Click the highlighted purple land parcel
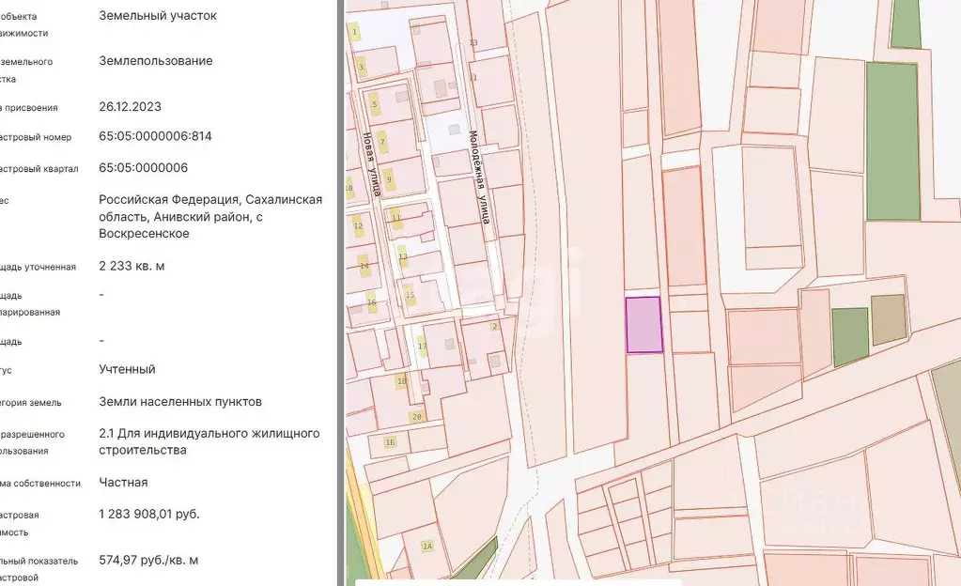tap(644, 325)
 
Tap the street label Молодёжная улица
tap(479, 177)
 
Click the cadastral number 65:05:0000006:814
tap(155, 136)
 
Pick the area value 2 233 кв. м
tap(132, 266)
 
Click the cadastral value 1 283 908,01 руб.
tap(149, 514)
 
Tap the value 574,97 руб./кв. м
tap(148, 560)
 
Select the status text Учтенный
tap(127, 369)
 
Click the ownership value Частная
tap(123, 482)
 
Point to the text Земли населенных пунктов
tap(180, 402)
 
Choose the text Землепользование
tap(155, 61)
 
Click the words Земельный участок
tap(157, 15)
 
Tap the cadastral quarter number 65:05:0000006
tap(143, 168)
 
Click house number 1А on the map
tap(427, 547)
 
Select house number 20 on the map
tap(416, 416)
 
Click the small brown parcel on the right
tap(888, 320)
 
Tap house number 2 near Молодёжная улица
tap(494, 327)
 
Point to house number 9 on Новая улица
tap(389, 178)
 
